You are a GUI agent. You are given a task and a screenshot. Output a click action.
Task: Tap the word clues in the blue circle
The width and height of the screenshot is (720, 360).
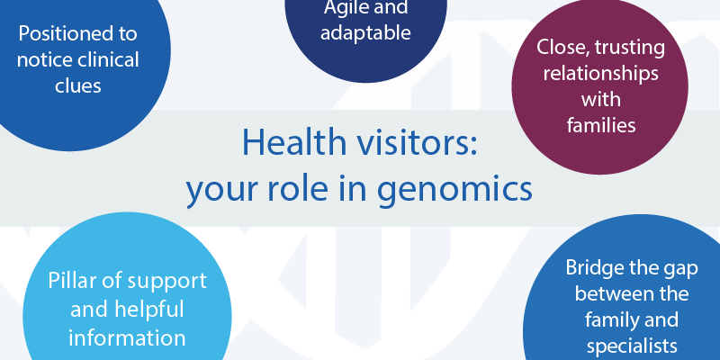click(x=78, y=85)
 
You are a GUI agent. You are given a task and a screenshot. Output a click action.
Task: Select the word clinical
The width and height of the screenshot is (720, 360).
click(x=108, y=59)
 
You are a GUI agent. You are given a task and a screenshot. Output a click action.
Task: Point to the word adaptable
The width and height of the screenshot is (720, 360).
click(x=365, y=33)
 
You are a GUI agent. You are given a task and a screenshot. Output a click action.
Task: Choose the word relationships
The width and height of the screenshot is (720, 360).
click(x=600, y=74)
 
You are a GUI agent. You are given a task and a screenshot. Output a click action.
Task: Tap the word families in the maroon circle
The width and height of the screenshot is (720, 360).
click(x=600, y=125)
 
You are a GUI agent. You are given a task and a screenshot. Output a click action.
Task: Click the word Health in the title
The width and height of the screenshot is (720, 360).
click(x=294, y=142)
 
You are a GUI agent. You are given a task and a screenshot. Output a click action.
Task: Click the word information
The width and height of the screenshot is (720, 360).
click(x=127, y=338)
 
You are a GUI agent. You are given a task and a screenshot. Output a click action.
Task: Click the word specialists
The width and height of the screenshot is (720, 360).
click(x=632, y=347)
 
